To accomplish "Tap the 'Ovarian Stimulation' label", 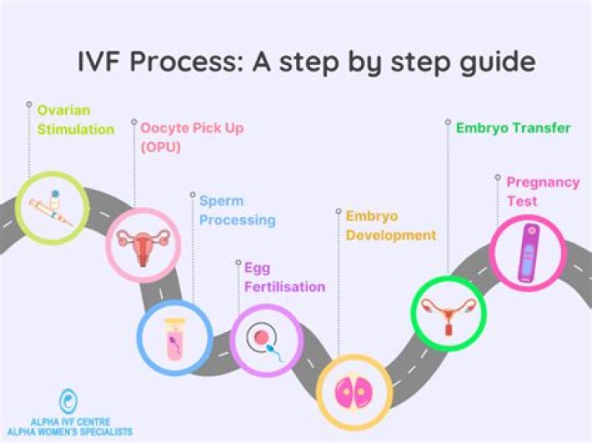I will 76,119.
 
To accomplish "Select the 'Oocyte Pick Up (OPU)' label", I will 191,136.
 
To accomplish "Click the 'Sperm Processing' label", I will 237,210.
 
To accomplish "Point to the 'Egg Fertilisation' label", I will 284,277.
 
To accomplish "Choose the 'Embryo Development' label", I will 391,225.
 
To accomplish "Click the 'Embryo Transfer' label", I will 513,127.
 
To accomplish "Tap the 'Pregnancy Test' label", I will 543,191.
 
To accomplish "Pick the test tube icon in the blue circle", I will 175,337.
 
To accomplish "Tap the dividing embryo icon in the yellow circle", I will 354,391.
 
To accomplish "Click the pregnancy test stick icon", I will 528,251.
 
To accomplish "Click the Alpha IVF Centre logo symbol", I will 67,402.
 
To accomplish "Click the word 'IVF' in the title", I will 94,62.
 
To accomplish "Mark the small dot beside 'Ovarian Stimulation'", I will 28,104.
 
